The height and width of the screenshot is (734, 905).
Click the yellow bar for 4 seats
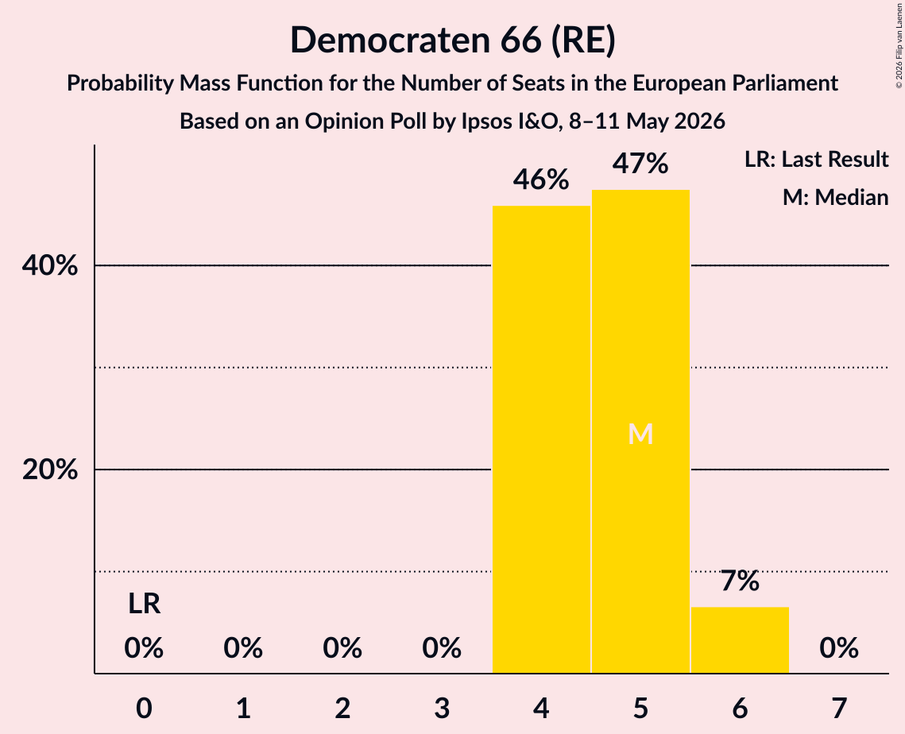[541, 439]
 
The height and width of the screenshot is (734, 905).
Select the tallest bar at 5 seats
[640, 431]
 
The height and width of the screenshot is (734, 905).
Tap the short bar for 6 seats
[740, 640]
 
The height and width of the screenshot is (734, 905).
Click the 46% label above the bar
[541, 180]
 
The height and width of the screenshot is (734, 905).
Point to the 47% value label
[640, 164]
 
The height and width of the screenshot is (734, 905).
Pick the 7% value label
[740, 581]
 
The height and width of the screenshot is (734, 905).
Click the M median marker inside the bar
[640, 434]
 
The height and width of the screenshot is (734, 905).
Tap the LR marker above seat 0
[145, 604]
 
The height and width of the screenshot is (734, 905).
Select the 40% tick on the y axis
[49, 265]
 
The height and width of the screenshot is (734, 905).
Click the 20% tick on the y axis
[49, 469]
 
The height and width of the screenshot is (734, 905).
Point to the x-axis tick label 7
[839, 708]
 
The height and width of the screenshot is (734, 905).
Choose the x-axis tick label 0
[145, 708]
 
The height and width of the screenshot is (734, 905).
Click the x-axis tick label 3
[442, 708]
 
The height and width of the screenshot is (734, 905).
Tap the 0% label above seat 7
[839, 648]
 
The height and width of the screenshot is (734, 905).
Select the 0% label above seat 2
[342, 648]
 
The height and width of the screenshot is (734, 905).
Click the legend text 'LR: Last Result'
[817, 159]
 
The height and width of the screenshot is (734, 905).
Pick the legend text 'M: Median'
[836, 197]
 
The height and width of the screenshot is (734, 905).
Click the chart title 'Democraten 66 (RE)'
[453, 41]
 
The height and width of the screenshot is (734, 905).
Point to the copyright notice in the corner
[899, 45]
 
